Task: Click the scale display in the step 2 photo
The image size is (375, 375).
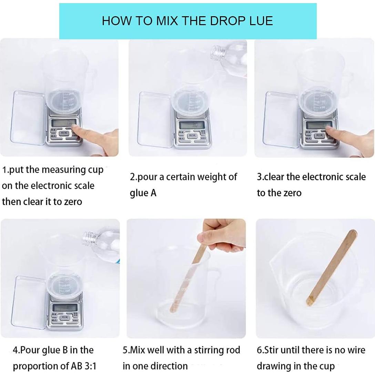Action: pyautogui.click(x=192, y=125)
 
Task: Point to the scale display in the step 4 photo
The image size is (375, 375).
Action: pyautogui.click(x=65, y=307)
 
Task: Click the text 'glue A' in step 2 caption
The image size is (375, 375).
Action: pyautogui.click(x=143, y=193)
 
